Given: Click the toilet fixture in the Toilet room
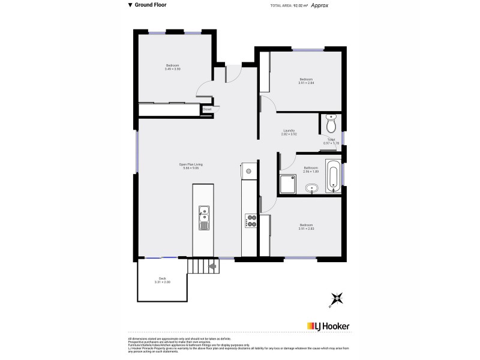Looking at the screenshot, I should (x=331, y=124).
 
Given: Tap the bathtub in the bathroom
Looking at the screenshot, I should (x=332, y=176).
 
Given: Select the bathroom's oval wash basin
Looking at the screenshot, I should (x=311, y=190).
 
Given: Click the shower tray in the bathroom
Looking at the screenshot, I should (x=288, y=184).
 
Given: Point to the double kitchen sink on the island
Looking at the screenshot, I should (x=204, y=216).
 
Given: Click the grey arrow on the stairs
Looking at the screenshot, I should (x=211, y=266).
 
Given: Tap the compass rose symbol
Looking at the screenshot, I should (x=338, y=298).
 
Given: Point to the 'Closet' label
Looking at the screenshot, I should (x=207, y=109).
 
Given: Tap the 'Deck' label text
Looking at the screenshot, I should (x=162, y=278).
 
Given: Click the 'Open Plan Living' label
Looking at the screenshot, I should (x=191, y=164).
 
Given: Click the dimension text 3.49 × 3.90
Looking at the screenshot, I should (x=173, y=69).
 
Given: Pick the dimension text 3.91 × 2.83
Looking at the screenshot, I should (x=306, y=229).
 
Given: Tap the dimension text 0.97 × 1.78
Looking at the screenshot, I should (x=331, y=143).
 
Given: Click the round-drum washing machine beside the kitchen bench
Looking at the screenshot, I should (x=248, y=170).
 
